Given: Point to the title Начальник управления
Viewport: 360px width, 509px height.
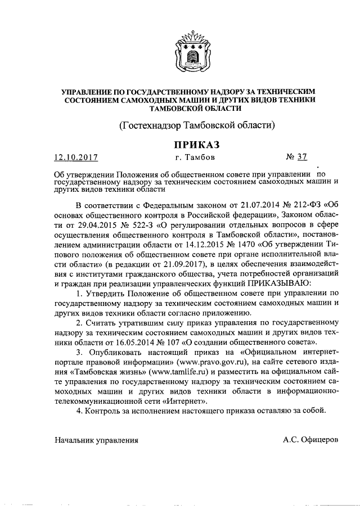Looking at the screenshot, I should click(x=96, y=439).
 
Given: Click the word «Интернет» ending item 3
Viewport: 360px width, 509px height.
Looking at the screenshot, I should click(x=172, y=400).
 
